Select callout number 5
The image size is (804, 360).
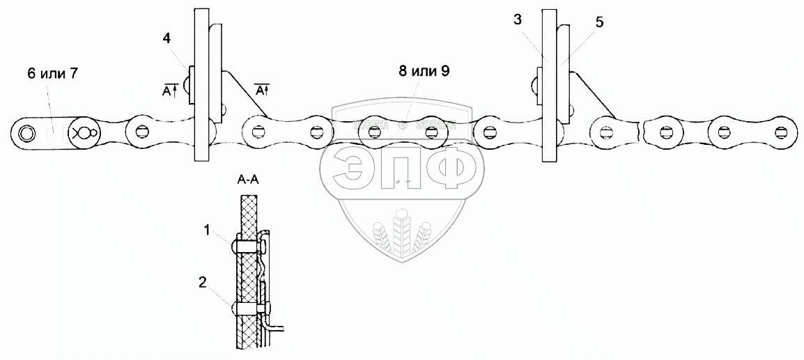599,22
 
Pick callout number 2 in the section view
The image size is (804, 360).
202,282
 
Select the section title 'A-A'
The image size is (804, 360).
249,179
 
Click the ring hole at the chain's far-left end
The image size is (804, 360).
27,132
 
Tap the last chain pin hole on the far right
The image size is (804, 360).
784,132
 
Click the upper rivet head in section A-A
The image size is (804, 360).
233,245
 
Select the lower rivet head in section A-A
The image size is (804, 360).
233,307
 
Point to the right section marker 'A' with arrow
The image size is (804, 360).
261,91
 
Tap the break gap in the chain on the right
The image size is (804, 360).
641,131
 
